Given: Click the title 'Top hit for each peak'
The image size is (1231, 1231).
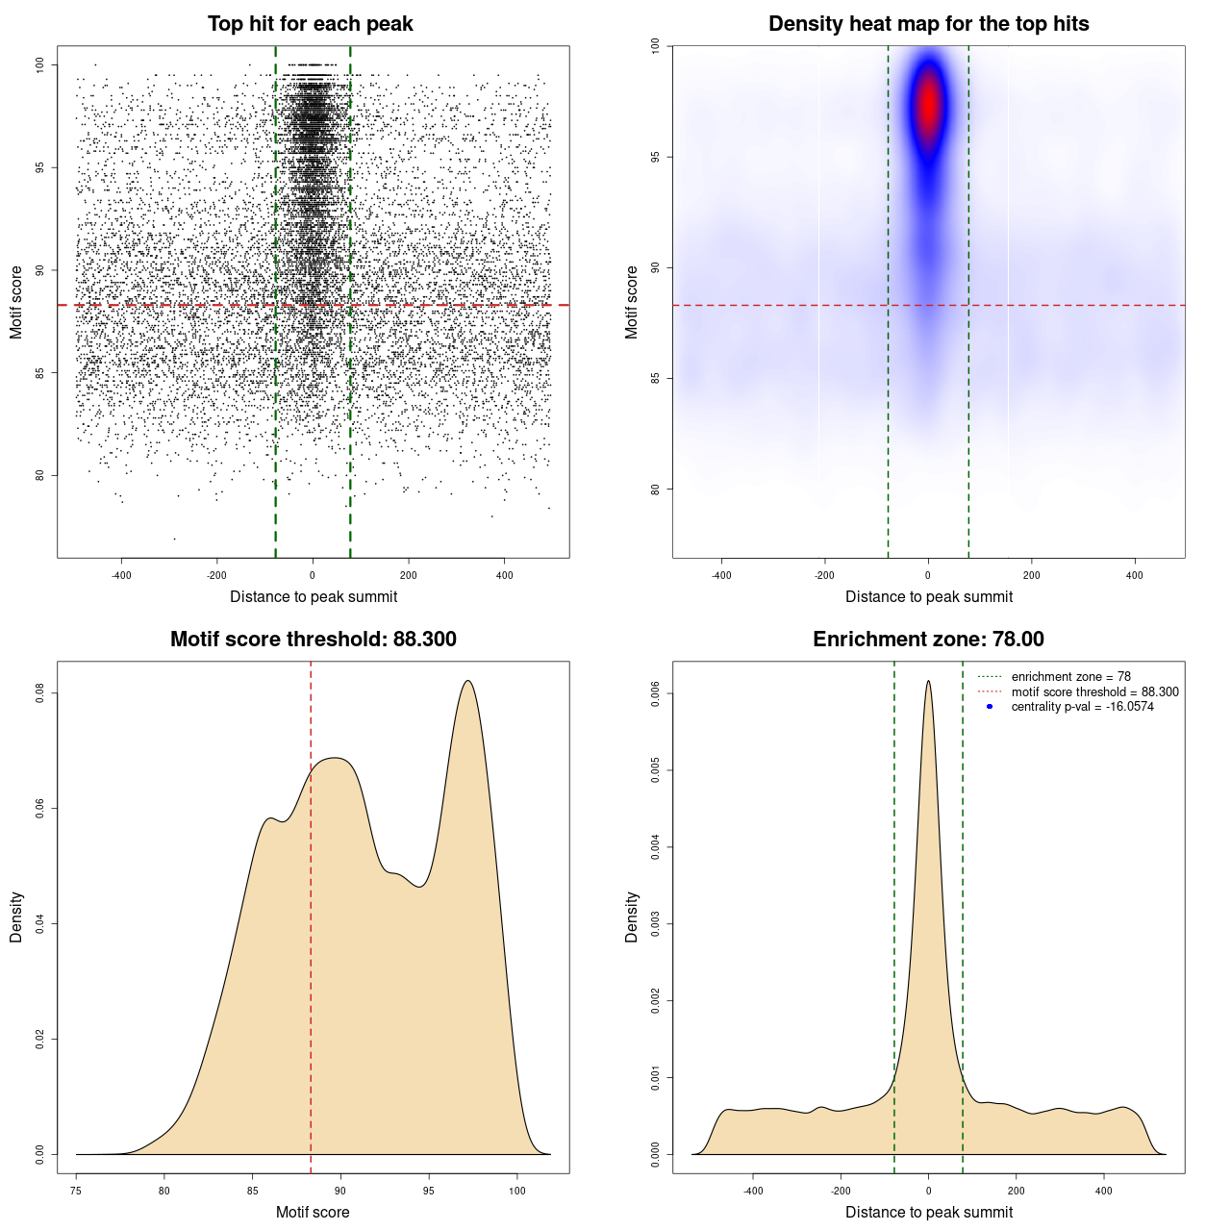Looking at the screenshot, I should [310, 24].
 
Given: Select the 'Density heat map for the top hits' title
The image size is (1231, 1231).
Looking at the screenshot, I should [928, 24].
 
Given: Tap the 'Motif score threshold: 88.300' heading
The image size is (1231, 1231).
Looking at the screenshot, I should [313, 640].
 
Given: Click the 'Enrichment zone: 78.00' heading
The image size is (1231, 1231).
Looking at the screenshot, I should [928, 640].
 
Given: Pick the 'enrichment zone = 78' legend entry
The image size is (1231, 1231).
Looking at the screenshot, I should [1070, 677].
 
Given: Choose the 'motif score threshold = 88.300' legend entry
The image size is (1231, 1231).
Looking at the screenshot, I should [1094, 691].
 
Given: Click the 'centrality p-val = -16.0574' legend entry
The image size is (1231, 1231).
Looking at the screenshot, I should [1082, 707].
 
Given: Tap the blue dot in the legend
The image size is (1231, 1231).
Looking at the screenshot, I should [990, 707].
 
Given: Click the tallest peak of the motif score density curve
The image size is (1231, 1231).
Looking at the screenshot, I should [467, 681].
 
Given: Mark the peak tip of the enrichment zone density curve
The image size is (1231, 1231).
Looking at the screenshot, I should [928, 681].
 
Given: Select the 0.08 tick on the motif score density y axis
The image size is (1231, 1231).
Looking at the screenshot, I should [39, 693].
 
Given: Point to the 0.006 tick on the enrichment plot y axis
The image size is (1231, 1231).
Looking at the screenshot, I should [655, 693].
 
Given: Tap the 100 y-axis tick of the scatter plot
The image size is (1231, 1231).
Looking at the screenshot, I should [39, 64].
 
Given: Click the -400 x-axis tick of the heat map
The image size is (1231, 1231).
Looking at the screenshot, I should [721, 575].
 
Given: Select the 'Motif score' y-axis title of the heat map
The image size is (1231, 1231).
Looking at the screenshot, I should [632, 302].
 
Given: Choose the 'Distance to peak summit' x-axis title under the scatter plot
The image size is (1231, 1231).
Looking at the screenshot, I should [314, 596].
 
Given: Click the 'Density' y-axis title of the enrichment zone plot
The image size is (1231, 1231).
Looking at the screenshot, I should [632, 917].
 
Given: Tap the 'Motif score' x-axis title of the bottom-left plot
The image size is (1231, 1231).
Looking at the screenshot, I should [313, 1212].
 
